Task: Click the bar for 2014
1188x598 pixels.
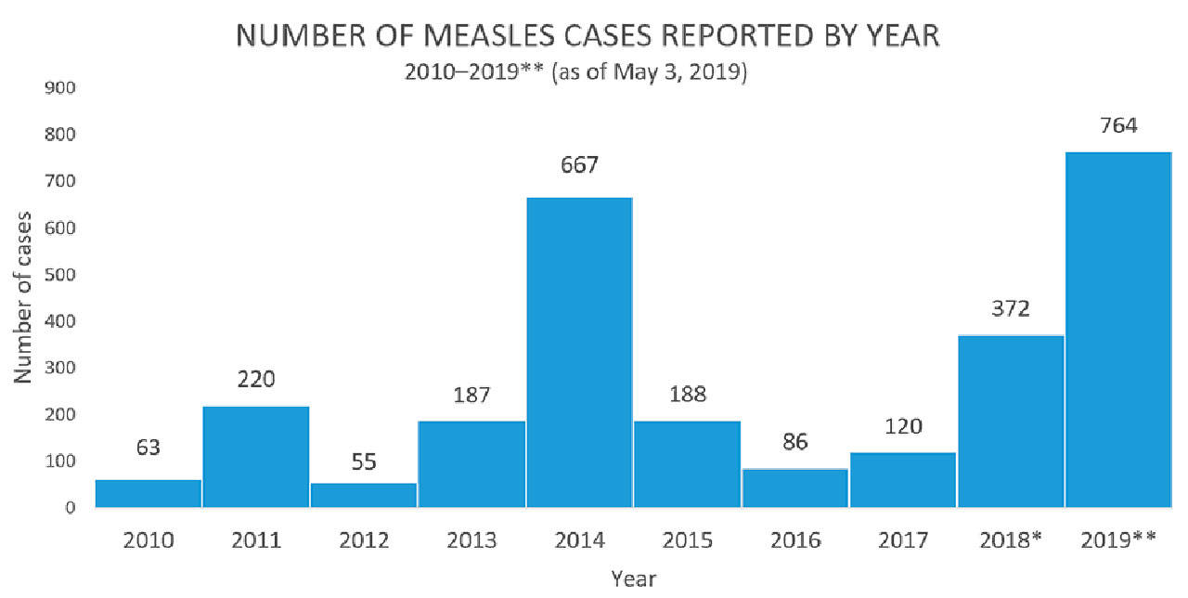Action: tap(579, 353)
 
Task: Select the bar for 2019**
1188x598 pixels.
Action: tap(1118, 330)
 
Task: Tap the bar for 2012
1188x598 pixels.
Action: tap(364, 495)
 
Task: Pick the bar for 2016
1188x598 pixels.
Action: tap(795, 487)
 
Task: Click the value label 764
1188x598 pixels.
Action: tap(1118, 125)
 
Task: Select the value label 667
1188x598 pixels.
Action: tap(579, 166)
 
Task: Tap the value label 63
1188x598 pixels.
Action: tap(148, 448)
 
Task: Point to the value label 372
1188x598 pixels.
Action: tap(1011, 308)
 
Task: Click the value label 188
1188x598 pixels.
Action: tap(687, 394)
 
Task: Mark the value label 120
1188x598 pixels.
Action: tap(903, 426)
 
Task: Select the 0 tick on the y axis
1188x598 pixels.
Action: tap(69, 508)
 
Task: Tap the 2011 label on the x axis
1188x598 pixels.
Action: tap(256, 539)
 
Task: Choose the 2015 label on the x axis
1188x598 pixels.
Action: tap(687, 539)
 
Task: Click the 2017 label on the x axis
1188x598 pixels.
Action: tap(903, 539)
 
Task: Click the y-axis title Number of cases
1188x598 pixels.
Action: tap(24, 297)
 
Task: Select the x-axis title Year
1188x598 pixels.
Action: tap(634, 578)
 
